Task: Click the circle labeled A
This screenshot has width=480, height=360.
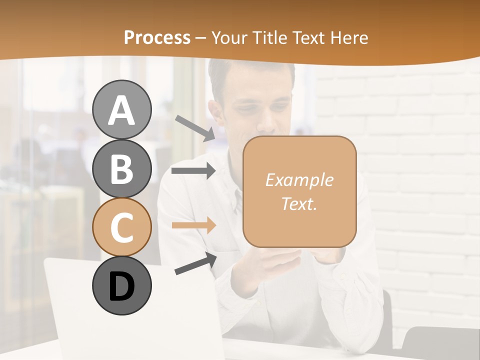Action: click(121, 109)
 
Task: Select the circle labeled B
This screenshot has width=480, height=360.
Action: click(121, 168)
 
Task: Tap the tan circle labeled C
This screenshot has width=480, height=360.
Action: click(121, 227)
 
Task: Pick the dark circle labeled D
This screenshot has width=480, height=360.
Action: click(121, 285)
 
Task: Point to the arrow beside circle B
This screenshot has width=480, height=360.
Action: click(193, 171)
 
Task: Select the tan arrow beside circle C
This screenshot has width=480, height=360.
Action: click(193, 225)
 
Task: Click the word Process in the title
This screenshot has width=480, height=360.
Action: click(157, 37)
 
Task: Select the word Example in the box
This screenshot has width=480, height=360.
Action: click(299, 180)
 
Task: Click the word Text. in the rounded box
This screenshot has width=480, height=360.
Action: click(299, 203)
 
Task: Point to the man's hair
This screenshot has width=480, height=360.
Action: click(250, 75)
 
